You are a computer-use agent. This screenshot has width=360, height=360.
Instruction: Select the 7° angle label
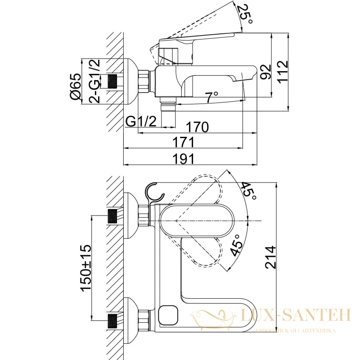point(211,97)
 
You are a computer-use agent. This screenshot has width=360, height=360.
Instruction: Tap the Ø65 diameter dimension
point(76,86)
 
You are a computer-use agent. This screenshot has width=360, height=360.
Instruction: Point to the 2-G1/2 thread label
point(94,81)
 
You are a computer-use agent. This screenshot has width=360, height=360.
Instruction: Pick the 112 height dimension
point(283,71)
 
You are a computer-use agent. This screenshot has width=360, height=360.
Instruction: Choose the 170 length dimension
point(197,127)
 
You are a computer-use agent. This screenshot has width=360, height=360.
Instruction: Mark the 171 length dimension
point(184,142)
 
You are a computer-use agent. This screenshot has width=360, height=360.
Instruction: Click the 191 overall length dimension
point(184,159)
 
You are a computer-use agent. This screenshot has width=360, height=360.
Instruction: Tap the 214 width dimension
point(270,257)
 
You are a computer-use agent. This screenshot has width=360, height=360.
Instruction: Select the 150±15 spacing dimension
point(86,268)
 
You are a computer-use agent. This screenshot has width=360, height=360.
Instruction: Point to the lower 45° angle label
point(237,245)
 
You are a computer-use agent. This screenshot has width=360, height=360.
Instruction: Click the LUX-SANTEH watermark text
point(296,315)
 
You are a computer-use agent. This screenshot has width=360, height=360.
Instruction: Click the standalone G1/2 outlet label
point(141,121)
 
